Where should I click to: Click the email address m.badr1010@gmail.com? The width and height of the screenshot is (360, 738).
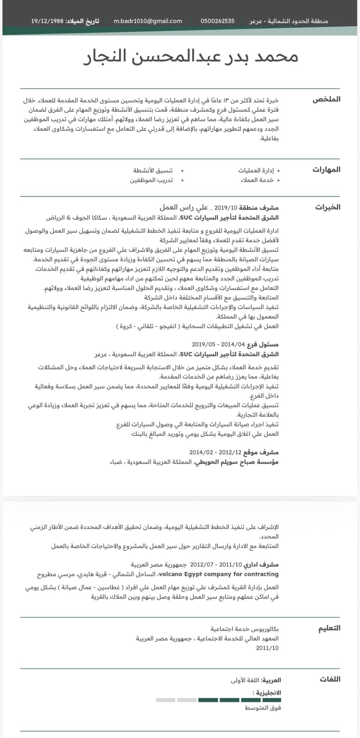click(148, 21)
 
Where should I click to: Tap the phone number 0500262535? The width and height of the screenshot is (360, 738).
click(217, 21)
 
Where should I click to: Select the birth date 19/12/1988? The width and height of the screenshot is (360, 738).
click(47, 21)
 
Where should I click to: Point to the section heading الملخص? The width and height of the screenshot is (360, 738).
click(326, 99)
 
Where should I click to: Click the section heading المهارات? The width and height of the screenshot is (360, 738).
click(326, 170)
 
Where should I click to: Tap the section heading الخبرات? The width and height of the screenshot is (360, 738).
click(328, 207)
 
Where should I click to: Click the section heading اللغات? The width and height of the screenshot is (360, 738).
click(330, 679)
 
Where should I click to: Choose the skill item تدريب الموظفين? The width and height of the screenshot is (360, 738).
click(152, 180)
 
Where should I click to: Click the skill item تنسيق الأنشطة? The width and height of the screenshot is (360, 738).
click(153, 171)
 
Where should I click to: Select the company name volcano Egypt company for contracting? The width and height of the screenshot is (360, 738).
click(219, 574)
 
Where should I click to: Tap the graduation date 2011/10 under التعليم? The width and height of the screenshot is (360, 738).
click(267, 648)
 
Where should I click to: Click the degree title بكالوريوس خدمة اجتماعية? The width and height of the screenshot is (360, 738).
click(245, 629)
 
